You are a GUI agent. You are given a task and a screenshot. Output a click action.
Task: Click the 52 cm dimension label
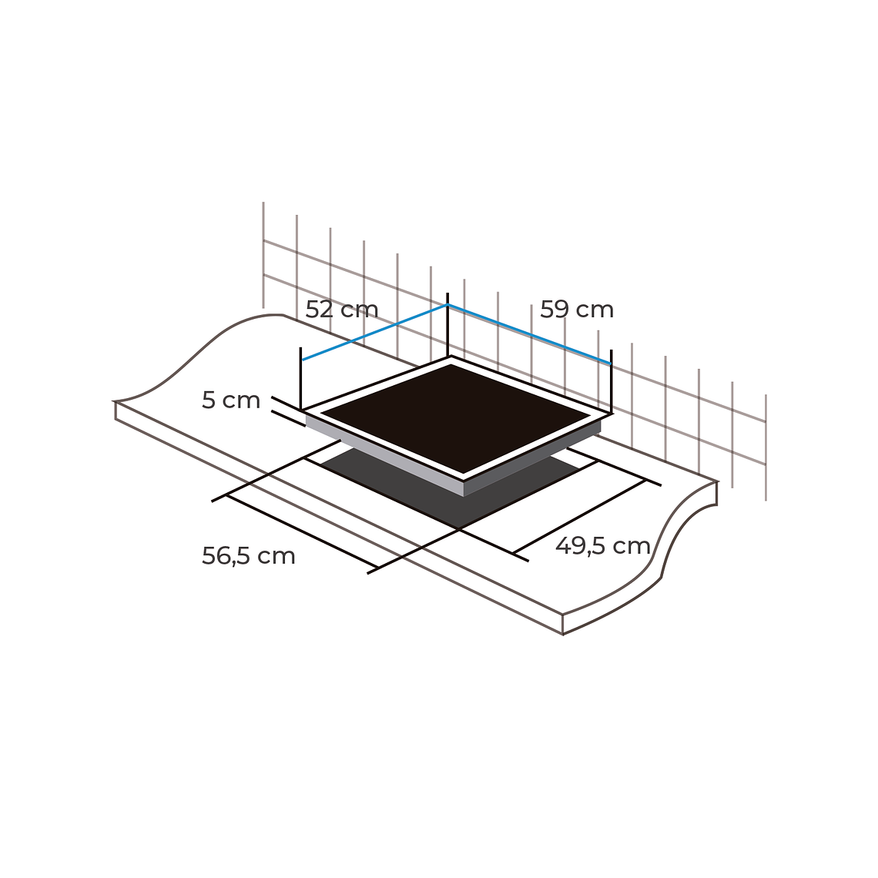341,310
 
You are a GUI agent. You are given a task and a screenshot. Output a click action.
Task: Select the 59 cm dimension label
577,310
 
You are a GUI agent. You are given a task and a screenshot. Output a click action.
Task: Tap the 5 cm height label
231,400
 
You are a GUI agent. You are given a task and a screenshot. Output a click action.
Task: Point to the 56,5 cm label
248,556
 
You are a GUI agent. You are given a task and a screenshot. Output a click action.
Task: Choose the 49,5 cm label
602,546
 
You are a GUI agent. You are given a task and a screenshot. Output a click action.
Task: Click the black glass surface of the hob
454,417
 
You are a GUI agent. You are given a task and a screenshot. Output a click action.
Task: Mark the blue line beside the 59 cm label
529,334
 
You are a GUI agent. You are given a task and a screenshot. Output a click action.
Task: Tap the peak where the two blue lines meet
447,305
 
